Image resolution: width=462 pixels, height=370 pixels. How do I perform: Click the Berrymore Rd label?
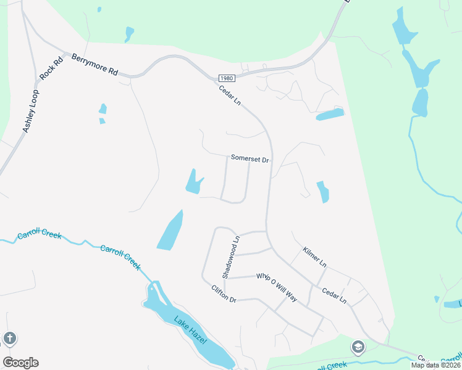94,63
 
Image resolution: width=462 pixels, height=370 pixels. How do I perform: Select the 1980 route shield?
226,78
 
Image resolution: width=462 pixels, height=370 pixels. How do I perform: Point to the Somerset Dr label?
250,158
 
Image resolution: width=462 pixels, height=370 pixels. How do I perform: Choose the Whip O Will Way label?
277,287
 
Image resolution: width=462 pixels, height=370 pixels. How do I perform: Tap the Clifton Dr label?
224,294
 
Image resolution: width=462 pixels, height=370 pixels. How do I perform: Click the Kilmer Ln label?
314,257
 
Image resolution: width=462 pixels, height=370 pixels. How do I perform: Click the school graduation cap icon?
358,348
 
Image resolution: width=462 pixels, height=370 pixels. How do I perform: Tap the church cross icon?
9,338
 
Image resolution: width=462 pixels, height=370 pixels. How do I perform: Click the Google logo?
20,362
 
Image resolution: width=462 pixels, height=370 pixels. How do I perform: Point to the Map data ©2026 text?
435,365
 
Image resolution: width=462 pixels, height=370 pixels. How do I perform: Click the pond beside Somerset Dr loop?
194,183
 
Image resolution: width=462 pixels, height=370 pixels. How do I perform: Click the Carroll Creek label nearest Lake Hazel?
120,258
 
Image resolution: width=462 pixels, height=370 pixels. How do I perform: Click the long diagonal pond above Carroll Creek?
170,231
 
